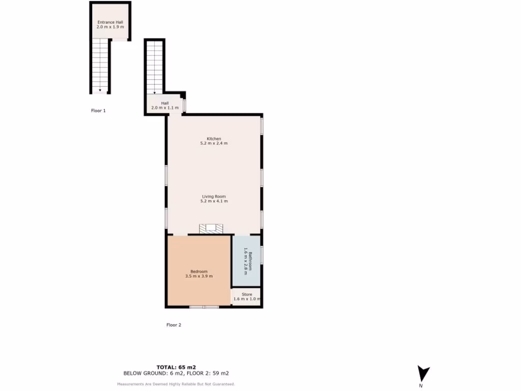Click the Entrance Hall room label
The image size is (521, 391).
(x=110, y=22)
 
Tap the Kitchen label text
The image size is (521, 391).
(x=214, y=139)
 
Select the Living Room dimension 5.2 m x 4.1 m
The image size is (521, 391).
(x=214, y=201)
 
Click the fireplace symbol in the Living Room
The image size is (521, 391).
(x=211, y=229)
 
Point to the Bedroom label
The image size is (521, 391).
(x=199, y=271)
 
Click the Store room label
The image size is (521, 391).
(x=247, y=294)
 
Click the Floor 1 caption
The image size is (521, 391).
(x=98, y=110)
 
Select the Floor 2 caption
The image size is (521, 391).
(x=173, y=325)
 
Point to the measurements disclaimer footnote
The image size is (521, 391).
(x=176, y=384)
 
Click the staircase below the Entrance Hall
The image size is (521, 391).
(x=100, y=66)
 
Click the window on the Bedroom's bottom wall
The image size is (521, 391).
(x=204, y=307)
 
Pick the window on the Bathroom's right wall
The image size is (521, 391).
(x=262, y=255)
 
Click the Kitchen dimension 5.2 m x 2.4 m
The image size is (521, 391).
(x=214, y=144)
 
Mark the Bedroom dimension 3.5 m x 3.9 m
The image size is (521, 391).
(x=199, y=276)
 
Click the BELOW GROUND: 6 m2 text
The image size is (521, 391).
(x=150, y=373)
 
